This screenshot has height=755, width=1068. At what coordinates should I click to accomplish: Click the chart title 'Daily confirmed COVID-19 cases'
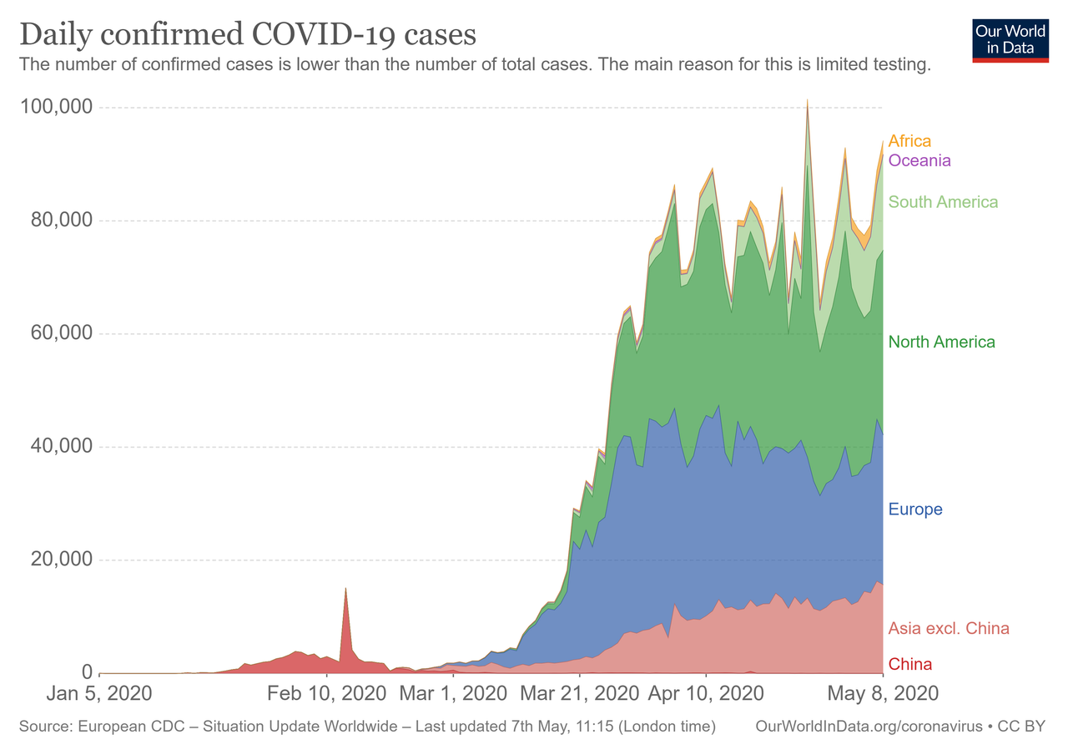[248, 35]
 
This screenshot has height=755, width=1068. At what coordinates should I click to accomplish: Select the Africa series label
[909, 141]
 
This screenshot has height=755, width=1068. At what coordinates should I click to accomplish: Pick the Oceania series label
[919, 160]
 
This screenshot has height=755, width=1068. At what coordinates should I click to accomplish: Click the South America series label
[943, 202]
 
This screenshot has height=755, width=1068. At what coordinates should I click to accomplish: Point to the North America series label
[941, 342]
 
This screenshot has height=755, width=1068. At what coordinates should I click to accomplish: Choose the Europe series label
[915, 509]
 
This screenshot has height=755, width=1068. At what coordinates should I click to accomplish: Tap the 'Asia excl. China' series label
[949, 628]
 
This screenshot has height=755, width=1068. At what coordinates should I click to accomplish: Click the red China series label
[910, 665]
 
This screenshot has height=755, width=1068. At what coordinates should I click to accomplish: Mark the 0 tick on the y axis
[86, 673]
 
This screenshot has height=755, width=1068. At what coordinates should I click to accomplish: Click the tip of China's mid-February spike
[345, 589]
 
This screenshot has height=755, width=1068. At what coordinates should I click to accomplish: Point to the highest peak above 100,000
[807, 101]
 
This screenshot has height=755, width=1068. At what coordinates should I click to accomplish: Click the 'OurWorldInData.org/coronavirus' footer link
[869, 727]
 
